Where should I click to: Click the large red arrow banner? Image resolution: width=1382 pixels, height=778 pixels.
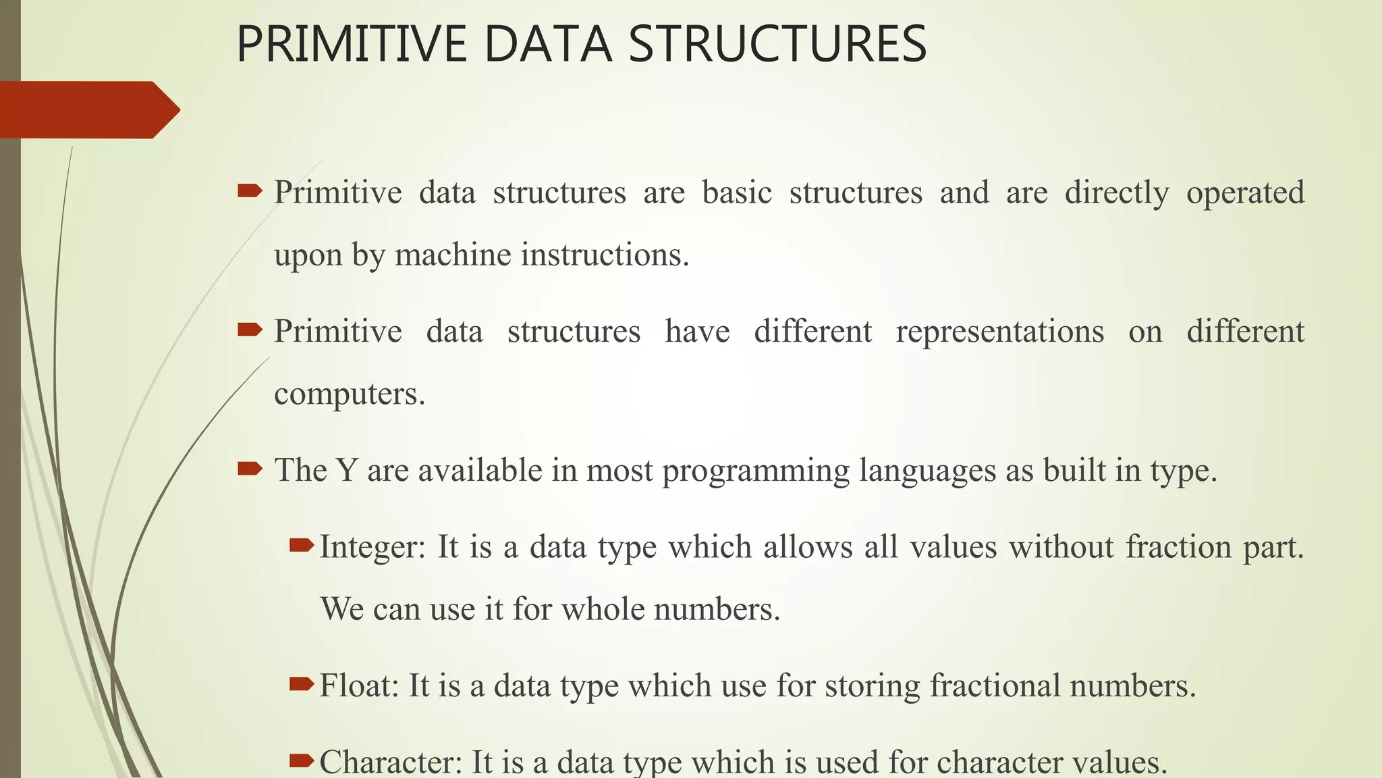pyautogui.click(x=88, y=109)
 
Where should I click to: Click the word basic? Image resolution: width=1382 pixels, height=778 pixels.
pyautogui.click(x=737, y=193)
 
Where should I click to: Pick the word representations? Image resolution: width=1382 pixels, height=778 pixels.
pyautogui.click(x=999, y=332)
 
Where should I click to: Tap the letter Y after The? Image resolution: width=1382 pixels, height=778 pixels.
pyautogui.click(x=345, y=470)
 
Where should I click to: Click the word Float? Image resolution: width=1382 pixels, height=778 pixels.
pyautogui.click(x=359, y=685)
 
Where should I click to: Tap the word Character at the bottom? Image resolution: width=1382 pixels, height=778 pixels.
pyautogui.click(x=390, y=762)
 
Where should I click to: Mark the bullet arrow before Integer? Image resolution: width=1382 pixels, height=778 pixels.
pyautogui.click(x=302, y=544)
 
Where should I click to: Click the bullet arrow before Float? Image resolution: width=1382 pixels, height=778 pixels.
pyautogui.click(x=302, y=684)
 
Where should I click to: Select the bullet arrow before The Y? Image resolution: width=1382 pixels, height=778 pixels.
pyautogui.click(x=250, y=468)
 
